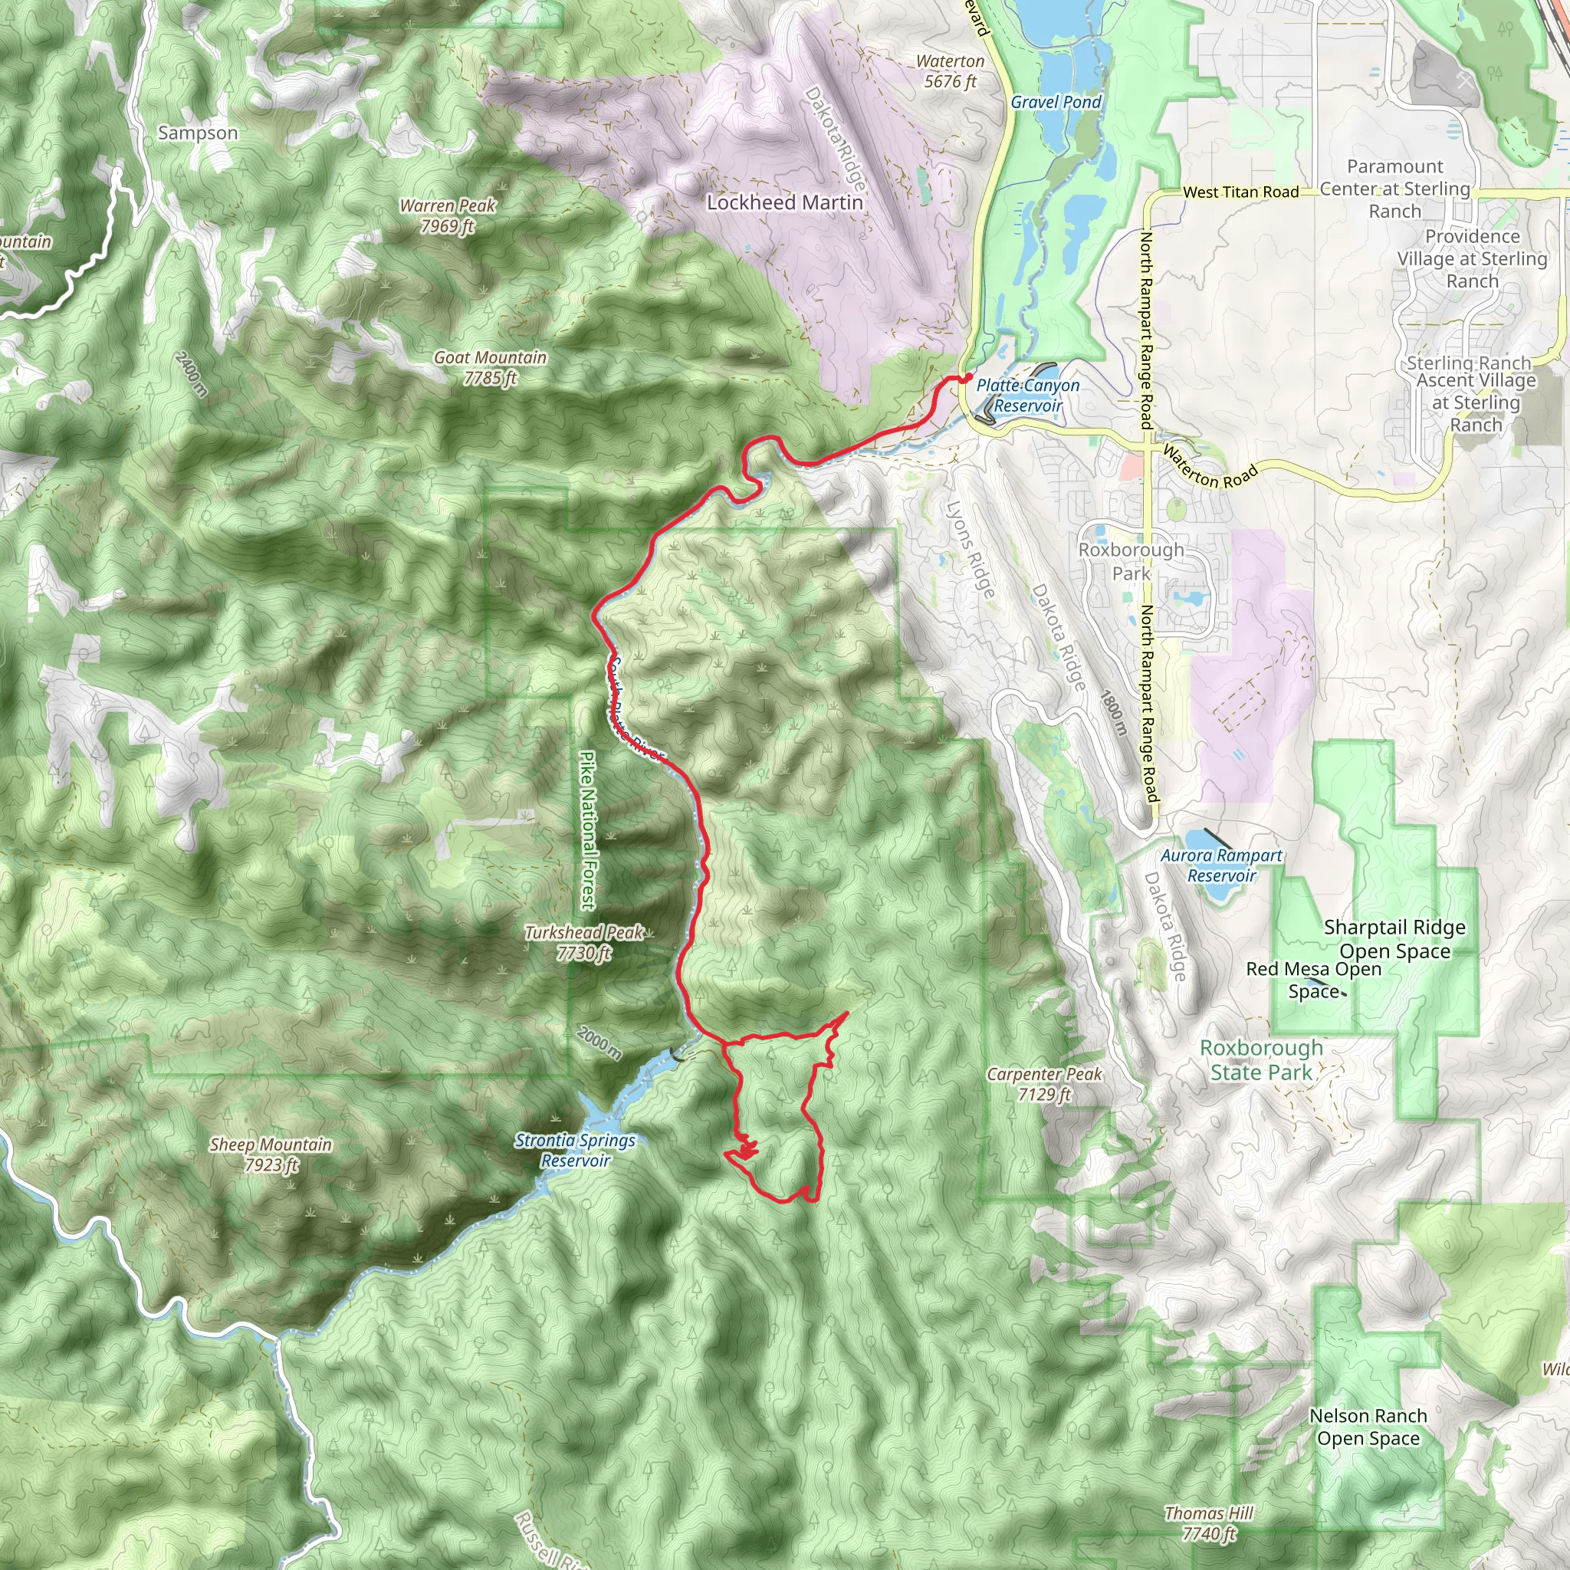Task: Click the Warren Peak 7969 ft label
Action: (448, 216)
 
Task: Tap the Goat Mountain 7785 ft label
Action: (490, 367)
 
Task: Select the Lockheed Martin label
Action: (784, 202)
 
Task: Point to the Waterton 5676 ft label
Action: (950, 71)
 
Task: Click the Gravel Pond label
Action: (1056, 103)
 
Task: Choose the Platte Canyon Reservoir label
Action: (1028, 395)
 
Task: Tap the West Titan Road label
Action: (1241, 192)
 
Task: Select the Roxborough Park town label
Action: (1132, 560)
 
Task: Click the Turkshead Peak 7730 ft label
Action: (584, 942)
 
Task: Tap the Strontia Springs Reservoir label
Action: (576, 1150)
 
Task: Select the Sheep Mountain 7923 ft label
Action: (271, 1154)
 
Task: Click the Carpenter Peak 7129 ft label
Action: (1044, 1083)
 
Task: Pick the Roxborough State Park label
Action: (1261, 1059)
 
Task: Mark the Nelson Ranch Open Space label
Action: (1368, 1426)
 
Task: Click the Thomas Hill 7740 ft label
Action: (1208, 1523)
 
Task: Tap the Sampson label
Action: (199, 133)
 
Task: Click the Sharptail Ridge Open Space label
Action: (1394, 938)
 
